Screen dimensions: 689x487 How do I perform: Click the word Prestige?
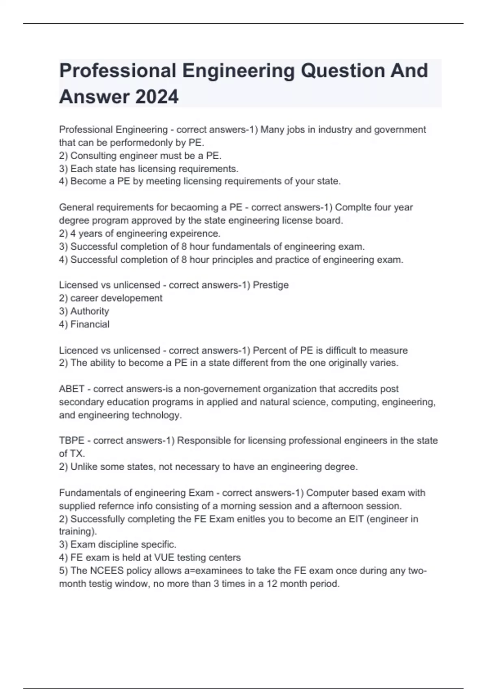coord(271,285)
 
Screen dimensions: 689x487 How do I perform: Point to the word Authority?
coord(90,311)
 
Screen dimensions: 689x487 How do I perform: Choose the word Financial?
coord(90,324)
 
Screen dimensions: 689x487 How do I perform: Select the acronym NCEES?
coord(106,571)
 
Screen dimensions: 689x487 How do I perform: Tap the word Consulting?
coord(94,156)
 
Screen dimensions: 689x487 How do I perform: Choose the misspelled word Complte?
coord(353,208)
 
